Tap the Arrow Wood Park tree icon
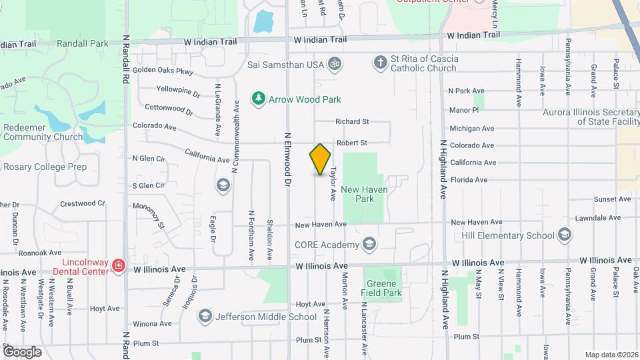[258, 99]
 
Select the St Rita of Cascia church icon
[380, 63]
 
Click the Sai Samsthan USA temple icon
[334, 63]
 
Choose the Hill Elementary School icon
[565, 235]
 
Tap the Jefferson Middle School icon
[205, 317]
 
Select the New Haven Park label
[365, 194]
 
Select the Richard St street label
[352, 121]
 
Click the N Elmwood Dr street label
[289, 167]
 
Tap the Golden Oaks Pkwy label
[163, 71]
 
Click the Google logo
[22, 351]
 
